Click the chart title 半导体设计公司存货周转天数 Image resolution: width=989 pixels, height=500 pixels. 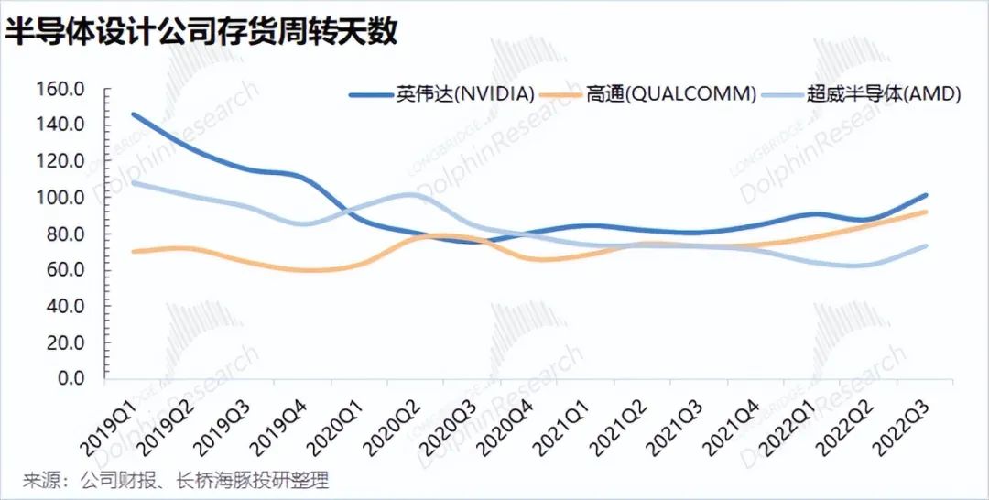click(201, 31)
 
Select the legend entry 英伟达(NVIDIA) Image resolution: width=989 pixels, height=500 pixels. click(441, 94)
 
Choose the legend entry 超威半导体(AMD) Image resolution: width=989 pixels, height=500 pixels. click(861, 94)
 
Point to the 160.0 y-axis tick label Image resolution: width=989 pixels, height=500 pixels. click(60, 89)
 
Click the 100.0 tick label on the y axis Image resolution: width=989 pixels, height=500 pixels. click(60, 198)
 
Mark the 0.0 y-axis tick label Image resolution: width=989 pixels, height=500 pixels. click(71, 378)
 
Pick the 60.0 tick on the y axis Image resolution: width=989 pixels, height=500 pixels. click(65, 270)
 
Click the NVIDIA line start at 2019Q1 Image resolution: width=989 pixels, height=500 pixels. click(133, 114)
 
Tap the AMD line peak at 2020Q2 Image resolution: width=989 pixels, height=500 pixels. click(410, 194)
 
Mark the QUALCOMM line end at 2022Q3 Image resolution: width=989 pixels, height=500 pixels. click(925, 212)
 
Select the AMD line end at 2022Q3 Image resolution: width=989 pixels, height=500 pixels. click(925, 246)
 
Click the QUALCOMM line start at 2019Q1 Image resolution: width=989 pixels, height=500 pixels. click(133, 252)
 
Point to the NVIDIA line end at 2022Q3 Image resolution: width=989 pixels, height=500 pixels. click(925, 195)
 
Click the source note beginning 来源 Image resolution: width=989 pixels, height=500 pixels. click(176, 481)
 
